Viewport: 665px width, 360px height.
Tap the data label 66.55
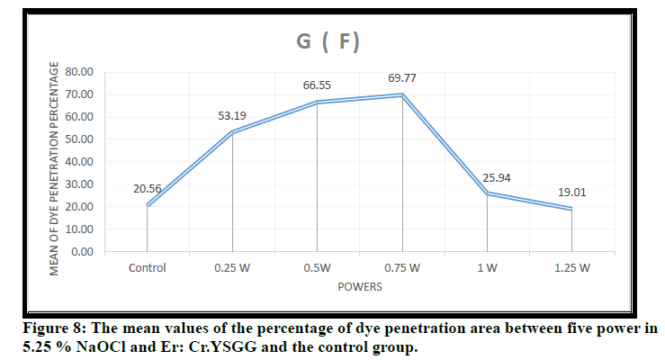tap(318, 86)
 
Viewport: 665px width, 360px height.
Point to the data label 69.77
tap(401, 78)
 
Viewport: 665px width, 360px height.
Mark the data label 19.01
tap(571, 192)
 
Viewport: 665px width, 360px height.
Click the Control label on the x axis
tap(147, 267)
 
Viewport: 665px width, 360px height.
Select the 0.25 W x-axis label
tap(232, 267)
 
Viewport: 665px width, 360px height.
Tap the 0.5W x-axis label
tap(317, 267)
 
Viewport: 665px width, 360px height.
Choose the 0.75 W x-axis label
tap(402, 267)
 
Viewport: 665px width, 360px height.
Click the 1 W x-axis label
tap(487, 267)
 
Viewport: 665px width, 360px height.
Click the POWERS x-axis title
tap(360, 288)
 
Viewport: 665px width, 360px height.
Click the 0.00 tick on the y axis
tap(85, 251)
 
